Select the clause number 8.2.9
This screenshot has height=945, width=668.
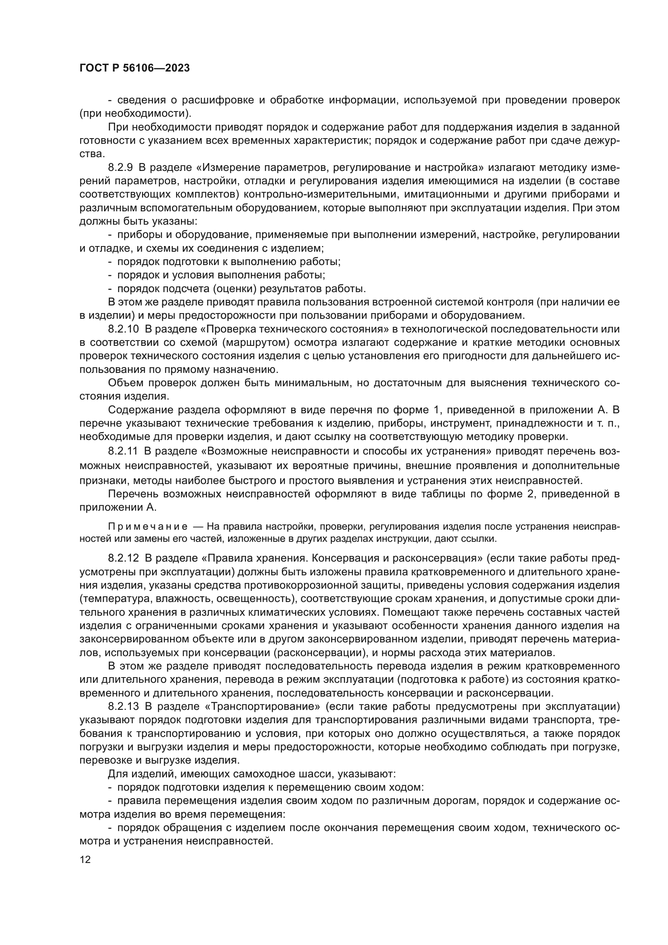tap(120, 168)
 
